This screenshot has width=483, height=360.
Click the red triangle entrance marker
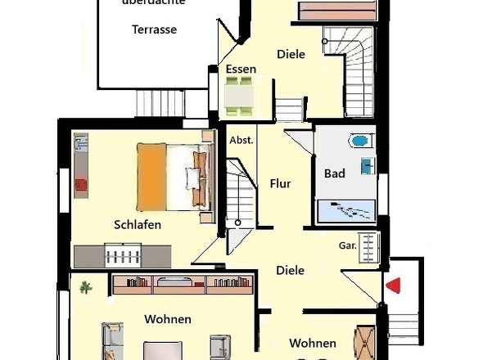(x=394, y=286)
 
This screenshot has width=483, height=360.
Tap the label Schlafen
(x=138, y=224)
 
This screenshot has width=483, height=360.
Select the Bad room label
(x=334, y=173)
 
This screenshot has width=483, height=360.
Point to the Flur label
(x=281, y=184)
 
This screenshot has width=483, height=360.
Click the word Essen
(x=241, y=70)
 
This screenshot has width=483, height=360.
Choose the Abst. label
(x=241, y=140)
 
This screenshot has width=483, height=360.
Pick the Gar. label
(x=346, y=245)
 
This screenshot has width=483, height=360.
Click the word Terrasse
(x=154, y=29)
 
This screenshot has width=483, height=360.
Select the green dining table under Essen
(x=240, y=97)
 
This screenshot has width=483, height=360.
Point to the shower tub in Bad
(x=345, y=210)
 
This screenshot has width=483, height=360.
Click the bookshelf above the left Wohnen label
(x=183, y=285)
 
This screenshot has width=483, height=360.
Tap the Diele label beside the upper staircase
(x=291, y=54)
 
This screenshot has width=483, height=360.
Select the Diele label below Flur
(x=290, y=270)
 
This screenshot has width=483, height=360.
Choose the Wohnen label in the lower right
(x=312, y=344)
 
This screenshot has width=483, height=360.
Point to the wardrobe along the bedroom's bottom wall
(x=123, y=256)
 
